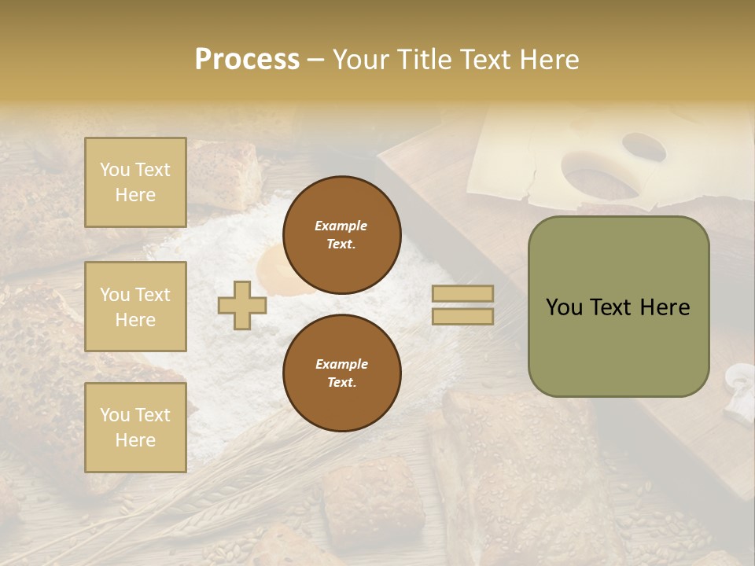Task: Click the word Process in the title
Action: click(247, 60)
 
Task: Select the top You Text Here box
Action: click(135, 182)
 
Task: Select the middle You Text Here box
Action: click(135, 307)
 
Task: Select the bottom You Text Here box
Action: click(135, 428)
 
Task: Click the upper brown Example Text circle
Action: click(341, 235)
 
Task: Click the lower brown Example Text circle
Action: click(341, 373)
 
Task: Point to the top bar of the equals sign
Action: click(463, 294)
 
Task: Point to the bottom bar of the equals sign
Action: click(463, 317)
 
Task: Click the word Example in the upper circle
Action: click(341, 226)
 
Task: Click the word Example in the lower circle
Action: click(341, 364)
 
